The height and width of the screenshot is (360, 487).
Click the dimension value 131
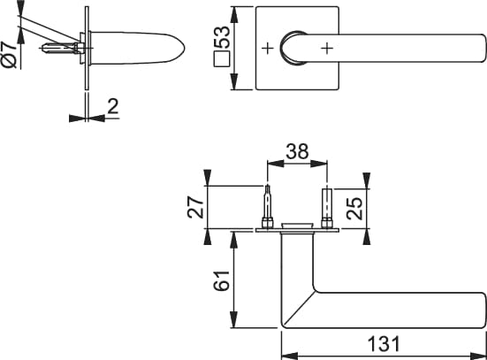click(384, 344)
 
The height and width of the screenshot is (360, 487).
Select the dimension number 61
click(222, 280)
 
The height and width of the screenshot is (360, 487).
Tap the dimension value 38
click(297, 151)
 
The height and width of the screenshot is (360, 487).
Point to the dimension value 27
click(195, 207)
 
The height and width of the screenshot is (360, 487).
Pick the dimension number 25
click(354, 209)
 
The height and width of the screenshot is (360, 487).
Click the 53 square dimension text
click(223, 37)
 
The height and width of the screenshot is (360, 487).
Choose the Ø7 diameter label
click(9, 54)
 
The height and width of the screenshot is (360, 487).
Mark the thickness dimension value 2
click(113, 106)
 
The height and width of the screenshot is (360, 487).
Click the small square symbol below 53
click(222, 58)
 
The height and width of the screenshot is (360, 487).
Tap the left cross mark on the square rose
click(268, 48)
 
